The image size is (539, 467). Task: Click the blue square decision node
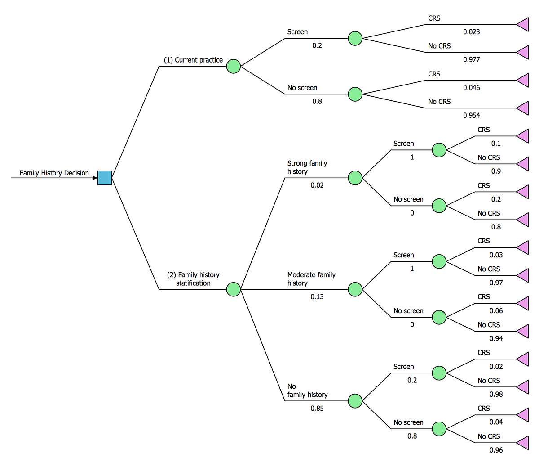(105, 178)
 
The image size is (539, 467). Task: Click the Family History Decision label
(54, 173)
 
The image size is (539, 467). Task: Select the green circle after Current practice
(234, 67)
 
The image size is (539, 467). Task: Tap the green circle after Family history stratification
(234, 289)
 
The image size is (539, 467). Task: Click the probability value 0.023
(471, 32)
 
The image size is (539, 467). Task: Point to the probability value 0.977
(471, 59)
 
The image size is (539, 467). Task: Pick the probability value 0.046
(471, 88)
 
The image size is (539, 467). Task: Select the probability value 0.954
(471, 116)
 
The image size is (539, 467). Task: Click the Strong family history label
(307, 167)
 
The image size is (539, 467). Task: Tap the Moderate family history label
(311, 279)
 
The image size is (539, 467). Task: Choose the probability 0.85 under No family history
(317, 409)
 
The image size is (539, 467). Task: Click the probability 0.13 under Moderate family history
(317, 297)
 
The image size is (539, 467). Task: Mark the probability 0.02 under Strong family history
(317, 185)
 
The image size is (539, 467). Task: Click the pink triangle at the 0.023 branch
(523, 24)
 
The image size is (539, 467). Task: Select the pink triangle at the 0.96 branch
(523, 443)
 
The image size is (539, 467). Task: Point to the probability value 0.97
(496, 283)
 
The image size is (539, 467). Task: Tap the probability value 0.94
(496, 339)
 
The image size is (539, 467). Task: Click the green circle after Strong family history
(355, 178)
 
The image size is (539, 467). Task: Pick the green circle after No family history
(355, 401)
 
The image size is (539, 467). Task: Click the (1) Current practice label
(193, 60)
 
